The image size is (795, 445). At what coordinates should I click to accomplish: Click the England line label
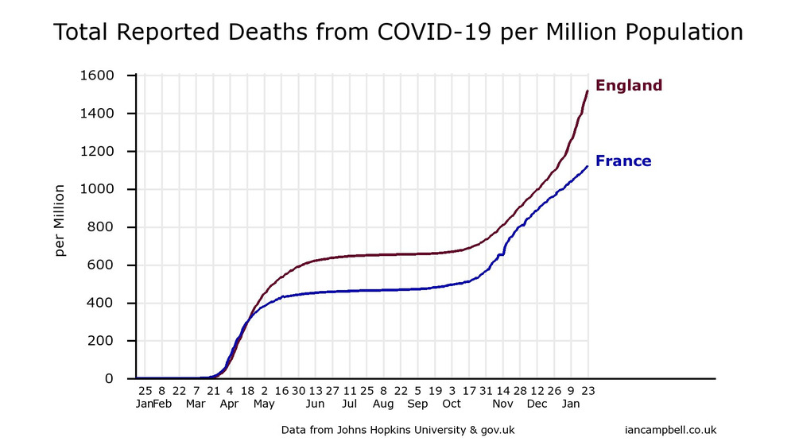(x=628, y=86)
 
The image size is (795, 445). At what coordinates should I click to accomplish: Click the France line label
(x=623, y=161)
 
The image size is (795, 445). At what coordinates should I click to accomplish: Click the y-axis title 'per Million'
(x=60, y=220)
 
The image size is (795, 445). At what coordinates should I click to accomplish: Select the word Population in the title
(x=673, y=33)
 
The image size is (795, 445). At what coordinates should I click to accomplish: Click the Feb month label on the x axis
(x=161, y=404)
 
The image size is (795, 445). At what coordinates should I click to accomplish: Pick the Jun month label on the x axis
(x=315, y=404)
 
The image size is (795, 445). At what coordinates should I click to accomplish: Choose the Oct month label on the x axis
(x=452, y=404)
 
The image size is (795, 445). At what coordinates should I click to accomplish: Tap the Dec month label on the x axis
(x=537, y=404)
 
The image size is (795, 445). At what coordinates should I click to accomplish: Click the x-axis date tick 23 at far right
(x=588, y=391)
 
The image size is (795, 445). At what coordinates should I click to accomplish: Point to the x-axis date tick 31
(x=486, y=391)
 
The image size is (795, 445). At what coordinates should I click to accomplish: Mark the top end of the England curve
(x=588, y=91)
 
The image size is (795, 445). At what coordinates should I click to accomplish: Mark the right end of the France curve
(x=588, y=166)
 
